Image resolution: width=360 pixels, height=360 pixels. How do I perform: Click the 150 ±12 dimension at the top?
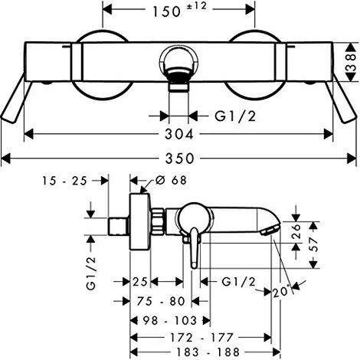179,10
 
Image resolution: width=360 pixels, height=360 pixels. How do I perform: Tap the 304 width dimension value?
179,134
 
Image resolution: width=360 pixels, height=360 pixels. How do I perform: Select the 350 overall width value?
180,159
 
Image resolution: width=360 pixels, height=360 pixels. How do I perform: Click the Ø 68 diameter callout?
171,180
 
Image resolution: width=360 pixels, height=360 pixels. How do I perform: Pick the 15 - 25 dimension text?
64,181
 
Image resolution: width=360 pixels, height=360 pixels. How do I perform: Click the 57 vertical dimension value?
314,245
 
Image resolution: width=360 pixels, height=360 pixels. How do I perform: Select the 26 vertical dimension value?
296,231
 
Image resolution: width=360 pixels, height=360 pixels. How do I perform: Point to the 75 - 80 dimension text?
161,301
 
